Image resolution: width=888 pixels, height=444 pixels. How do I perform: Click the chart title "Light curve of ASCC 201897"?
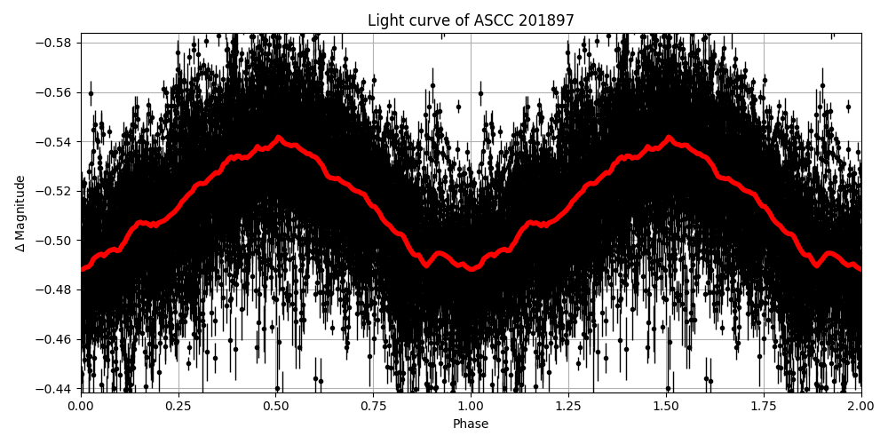click(x=471, y=21)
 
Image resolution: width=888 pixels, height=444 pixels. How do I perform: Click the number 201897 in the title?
click(x=548, y=21)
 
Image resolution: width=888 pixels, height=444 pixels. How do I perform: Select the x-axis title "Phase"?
click(x=471, y=424)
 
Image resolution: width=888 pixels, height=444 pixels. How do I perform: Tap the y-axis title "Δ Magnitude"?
click(x=21, y=213)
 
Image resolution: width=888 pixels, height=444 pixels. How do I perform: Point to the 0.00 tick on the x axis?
click(x=81, y=406)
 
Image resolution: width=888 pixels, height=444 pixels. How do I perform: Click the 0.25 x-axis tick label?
click(x=178, y=406)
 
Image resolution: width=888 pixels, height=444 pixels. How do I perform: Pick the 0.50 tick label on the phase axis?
click(x=276, y=406)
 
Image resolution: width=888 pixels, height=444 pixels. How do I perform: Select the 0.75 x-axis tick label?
click(x=374, y=406)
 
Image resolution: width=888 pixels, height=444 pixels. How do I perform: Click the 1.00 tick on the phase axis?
click(x=471, y=406)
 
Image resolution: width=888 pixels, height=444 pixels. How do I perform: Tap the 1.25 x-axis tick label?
click(x=568, y=406)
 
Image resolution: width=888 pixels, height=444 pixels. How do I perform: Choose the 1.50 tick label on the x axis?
click(x=666, y=406)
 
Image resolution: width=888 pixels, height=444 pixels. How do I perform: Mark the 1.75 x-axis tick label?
click(x=764, y=406)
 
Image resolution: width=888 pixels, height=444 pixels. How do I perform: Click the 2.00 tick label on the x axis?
click(x=860, y=406)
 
